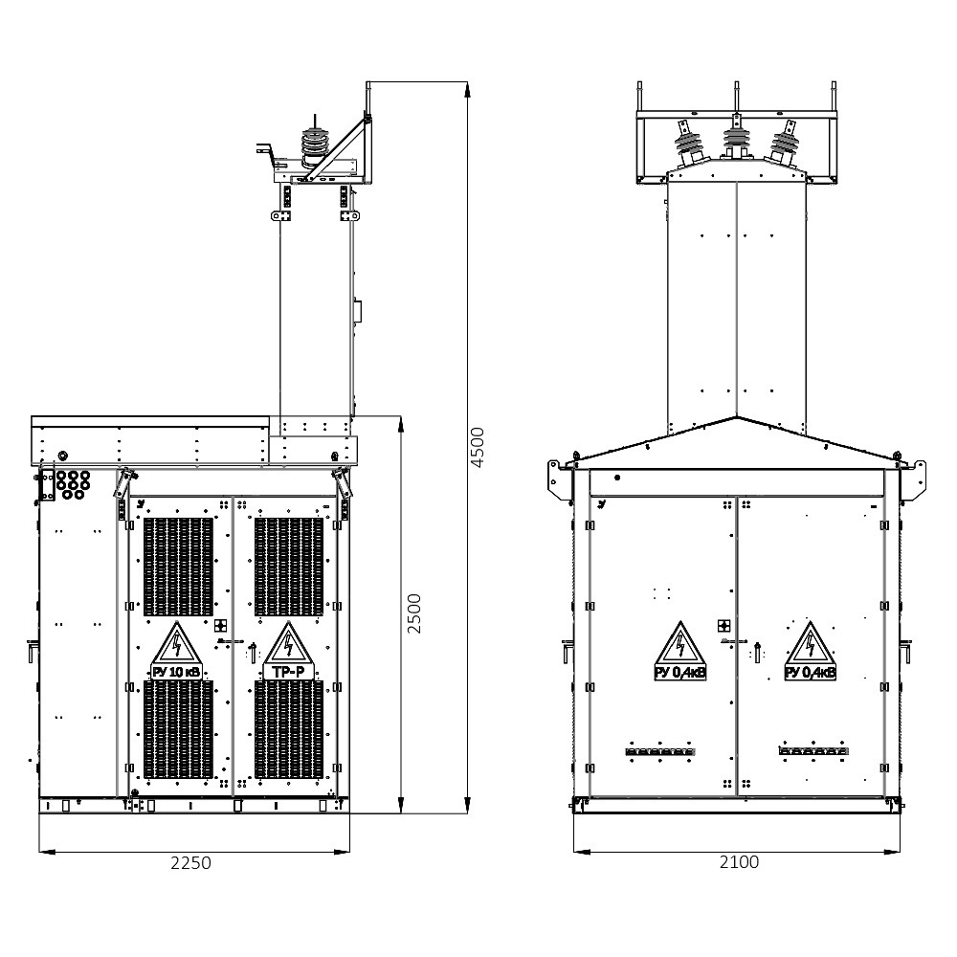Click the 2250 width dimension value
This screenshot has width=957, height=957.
click(190, 863)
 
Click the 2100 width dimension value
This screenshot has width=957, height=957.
click(739, 862)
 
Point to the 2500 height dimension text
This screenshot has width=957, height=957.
click(414, 613)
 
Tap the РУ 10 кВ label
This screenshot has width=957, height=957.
click(176, 673)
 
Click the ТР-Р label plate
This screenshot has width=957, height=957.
click(288, 672)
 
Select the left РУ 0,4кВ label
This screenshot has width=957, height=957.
click(680, 673)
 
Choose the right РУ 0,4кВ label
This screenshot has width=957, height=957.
click(811, 673)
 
